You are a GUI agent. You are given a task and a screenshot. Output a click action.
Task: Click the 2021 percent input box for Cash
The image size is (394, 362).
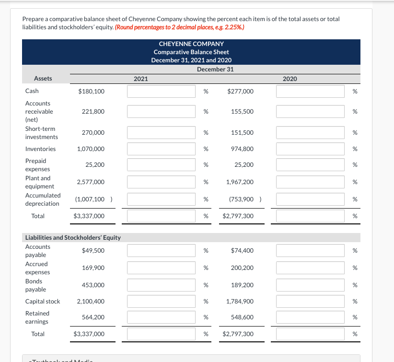(x=161, y=91)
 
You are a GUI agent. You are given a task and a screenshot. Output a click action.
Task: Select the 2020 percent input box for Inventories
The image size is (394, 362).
(x=310, y=149)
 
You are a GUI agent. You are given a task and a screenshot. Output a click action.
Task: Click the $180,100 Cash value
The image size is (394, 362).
(x=91, y=91)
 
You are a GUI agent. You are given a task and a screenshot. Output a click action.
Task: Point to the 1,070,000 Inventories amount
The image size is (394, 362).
(x=91, y=149)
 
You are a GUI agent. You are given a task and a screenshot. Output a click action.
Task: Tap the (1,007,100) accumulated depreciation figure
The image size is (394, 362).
(x=91, y=199)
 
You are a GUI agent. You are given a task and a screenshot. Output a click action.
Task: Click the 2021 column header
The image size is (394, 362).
(x=140, y=79)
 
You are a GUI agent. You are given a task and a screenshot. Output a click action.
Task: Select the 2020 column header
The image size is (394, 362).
(x=290, y=79)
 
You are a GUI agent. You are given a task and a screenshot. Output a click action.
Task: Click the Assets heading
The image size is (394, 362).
(x=43, y=79)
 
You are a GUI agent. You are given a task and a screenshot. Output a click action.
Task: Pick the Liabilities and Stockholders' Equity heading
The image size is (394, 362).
(x=73, y=237)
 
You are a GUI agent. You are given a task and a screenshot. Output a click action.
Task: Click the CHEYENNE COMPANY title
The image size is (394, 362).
(x=191, y=44)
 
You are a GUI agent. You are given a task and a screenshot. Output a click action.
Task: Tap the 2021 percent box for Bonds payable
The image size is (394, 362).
(x=161, y=285)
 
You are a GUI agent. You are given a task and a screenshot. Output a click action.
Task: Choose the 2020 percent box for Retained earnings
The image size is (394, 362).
(x=310, y=317)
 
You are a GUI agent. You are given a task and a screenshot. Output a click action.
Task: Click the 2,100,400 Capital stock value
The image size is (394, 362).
(x=91, y=302)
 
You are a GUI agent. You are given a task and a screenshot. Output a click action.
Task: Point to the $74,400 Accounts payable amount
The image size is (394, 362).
(x=242, y=251)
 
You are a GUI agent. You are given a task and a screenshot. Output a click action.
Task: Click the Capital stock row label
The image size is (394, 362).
(x=43, y=302)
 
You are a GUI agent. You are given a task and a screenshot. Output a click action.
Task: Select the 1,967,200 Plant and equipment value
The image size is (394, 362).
(x=240, y=182)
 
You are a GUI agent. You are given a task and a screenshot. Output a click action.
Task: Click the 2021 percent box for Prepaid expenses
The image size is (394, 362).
(x=161, y=165)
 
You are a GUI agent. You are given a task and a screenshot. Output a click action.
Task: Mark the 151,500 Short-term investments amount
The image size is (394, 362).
(x=242, y=133)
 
